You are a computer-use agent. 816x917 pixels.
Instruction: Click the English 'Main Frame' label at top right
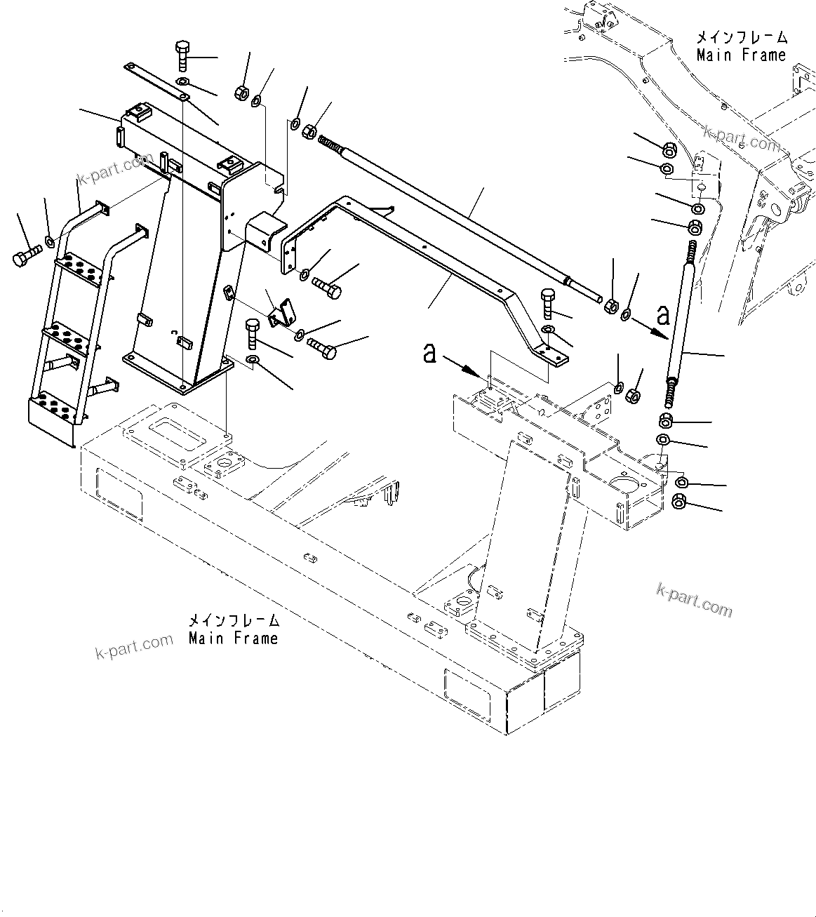coord(741,55)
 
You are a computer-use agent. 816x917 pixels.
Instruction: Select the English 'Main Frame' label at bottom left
coord(233,638)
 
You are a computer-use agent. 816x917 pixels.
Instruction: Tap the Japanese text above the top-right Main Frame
coord(741,37)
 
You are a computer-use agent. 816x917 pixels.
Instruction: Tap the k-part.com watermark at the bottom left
coord(133,644)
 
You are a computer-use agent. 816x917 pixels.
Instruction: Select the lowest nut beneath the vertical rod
coord(679,502)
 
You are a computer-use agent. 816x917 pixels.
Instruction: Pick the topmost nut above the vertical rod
coord(669,150)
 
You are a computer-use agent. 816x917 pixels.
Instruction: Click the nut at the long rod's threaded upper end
coord(309,130)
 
